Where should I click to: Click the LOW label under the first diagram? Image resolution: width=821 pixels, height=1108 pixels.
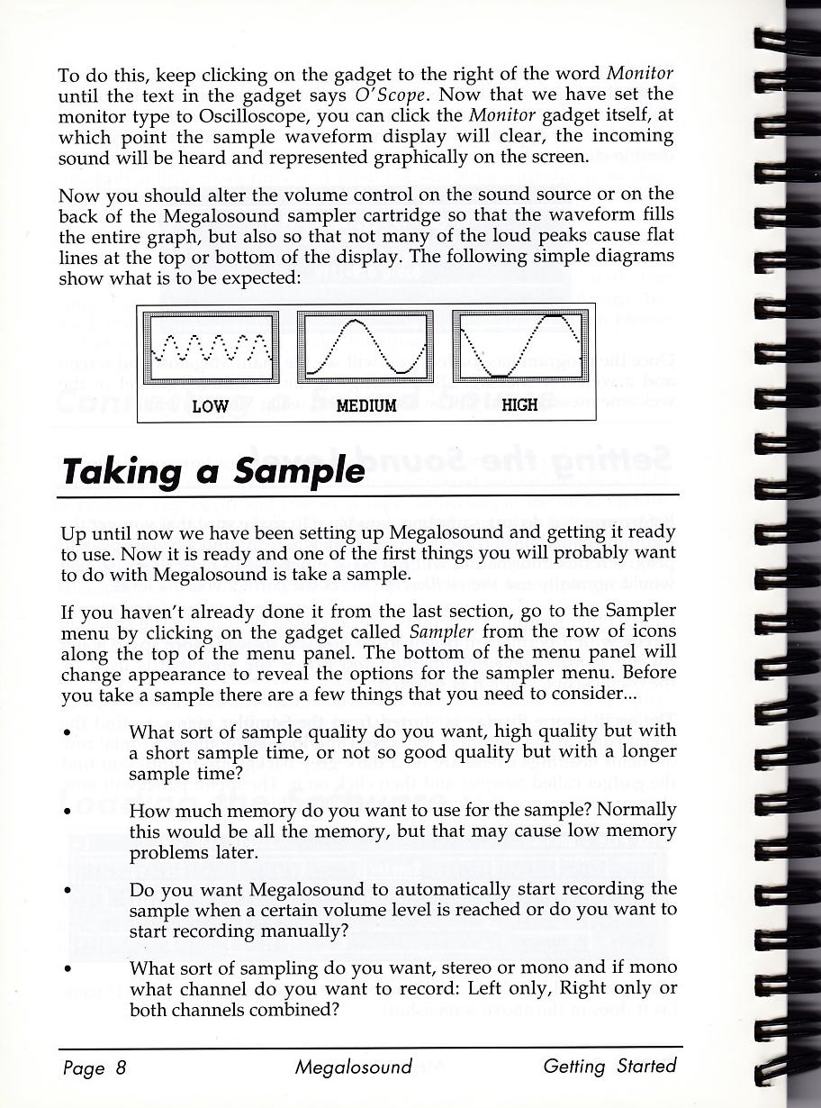(211, 406)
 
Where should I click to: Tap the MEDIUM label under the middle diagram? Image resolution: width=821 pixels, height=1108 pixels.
(366, 406)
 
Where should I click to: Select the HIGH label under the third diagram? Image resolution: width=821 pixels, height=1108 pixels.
(519, 405)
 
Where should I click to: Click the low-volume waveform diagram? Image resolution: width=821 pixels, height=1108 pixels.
(212, 348)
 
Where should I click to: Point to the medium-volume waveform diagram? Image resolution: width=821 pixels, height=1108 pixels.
(365, 348)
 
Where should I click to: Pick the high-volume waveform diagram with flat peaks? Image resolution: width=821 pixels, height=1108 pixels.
(520, 348)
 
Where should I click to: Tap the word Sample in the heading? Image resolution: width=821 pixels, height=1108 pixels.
(301, 471)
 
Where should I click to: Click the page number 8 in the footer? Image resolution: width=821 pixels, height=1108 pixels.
(121, 1069)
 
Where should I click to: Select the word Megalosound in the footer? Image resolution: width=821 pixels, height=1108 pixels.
(353, 1067)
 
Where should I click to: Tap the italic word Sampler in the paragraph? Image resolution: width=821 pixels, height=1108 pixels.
(441, 631)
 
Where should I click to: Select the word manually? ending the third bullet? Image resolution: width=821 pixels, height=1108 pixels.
(302, 931)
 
